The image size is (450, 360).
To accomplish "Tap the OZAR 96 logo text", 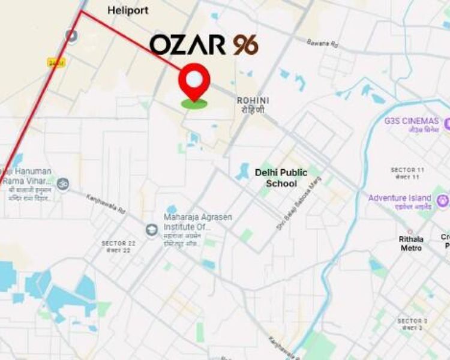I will [204, 45].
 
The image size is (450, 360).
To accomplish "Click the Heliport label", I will [128, 11].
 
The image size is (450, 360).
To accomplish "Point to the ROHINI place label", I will [253, 100].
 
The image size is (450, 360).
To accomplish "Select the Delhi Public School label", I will [281, 178].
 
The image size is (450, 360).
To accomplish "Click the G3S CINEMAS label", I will [411, 121].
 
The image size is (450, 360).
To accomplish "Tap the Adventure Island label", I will [400, 198].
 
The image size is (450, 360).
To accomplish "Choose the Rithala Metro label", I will [411, 243].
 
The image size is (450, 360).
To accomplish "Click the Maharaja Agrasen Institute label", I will [198, 222].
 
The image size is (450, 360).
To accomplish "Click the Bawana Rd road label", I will [323, 43].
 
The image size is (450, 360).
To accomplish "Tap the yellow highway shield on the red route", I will [56, 62].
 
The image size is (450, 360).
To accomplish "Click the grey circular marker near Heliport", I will [72, 36].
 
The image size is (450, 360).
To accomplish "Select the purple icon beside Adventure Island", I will [443, 200].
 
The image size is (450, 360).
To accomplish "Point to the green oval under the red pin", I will [194, 104].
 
